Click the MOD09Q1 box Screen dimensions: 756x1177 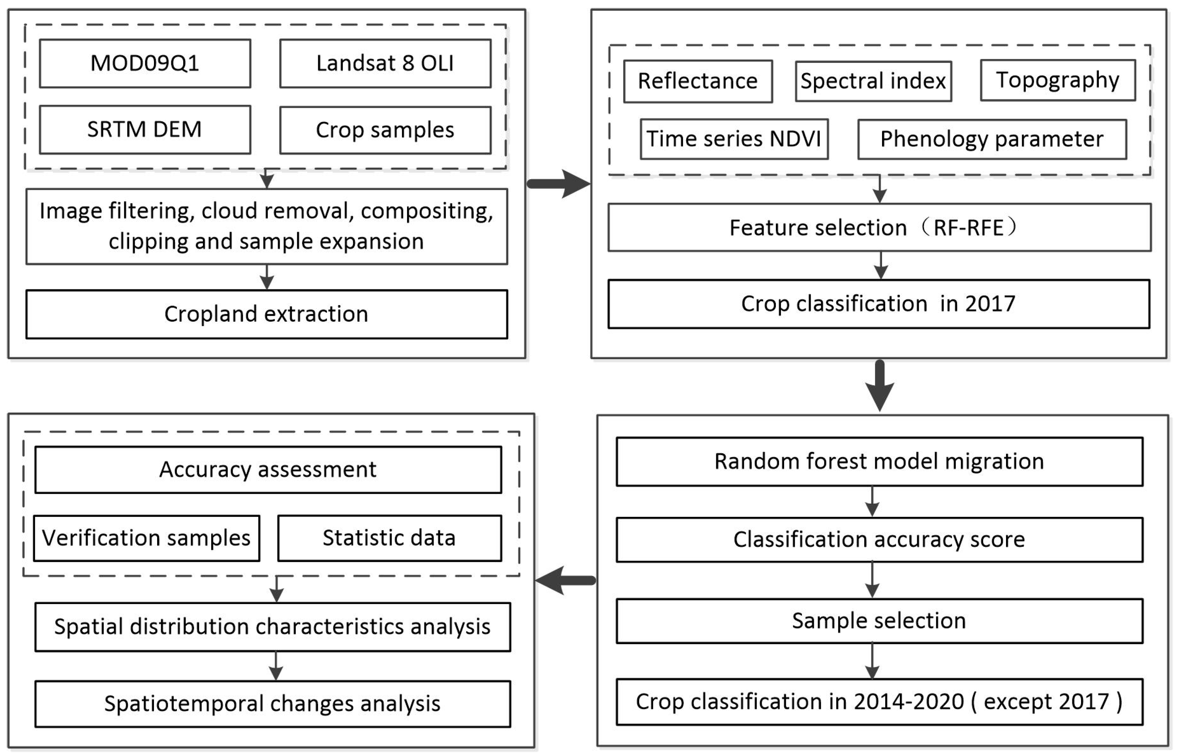coord(145,63)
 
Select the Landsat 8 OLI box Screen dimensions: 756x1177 coord(385,63)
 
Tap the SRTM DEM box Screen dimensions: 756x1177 coord(145,129)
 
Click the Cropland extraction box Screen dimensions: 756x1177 coord(267,314)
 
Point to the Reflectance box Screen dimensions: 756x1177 coord(698,81)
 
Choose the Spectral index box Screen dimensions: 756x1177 coord(873,81)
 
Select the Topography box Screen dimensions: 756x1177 coord(1058,80)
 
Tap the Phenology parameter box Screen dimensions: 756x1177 coord(992,139)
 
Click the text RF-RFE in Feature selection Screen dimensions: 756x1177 coord(969,228)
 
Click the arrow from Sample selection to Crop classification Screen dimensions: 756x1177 coord(872,661)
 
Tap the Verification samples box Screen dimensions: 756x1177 coord(146,538)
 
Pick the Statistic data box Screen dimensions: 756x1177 coord(389,538)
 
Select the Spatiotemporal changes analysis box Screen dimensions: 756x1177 coord(272,703)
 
